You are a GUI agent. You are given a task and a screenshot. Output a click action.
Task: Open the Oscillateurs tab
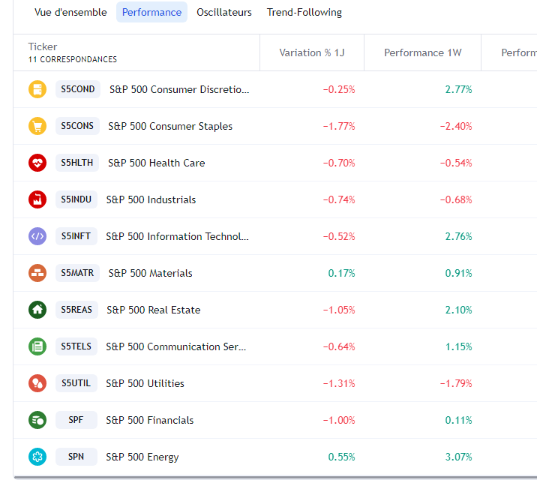[x=224, y=12]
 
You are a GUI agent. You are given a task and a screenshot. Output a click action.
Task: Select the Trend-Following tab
[x=304, y=12]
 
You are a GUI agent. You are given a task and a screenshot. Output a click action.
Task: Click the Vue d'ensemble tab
[x=70, y=12]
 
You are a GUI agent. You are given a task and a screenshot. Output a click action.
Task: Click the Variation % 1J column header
[x=312, y=52]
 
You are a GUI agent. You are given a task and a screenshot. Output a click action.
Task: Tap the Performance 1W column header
[x=423, y=52]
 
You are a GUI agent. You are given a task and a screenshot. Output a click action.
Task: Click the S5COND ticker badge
[x=78, y=89]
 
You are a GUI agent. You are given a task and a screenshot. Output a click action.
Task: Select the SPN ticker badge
[x=76, y=457]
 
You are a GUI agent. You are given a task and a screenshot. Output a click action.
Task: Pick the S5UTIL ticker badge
[x=76, y=383]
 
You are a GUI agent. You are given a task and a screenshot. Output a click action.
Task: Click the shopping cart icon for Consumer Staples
[x=37, y=126]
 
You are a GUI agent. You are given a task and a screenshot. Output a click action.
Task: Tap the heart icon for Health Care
[x=37, y=163]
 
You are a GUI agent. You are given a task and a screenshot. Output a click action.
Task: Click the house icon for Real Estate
[x=37, y=310]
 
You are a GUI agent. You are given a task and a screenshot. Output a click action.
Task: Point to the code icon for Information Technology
[x=37, y=236]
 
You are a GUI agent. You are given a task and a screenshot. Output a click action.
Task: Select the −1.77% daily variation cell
[x=339, y=126]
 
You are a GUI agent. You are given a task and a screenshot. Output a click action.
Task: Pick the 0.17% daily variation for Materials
[x=341, y=273]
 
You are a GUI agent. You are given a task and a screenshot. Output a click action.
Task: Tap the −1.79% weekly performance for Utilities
[x=456, y=383]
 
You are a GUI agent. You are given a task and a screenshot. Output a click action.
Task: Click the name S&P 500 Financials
[x=150, y=420]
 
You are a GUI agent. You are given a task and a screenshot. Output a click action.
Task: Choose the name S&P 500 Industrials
[x=151, y=199]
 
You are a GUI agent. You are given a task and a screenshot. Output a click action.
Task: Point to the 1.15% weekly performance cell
[x=458, y=346]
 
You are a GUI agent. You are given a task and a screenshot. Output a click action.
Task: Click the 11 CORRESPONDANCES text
[x=73, y=59]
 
